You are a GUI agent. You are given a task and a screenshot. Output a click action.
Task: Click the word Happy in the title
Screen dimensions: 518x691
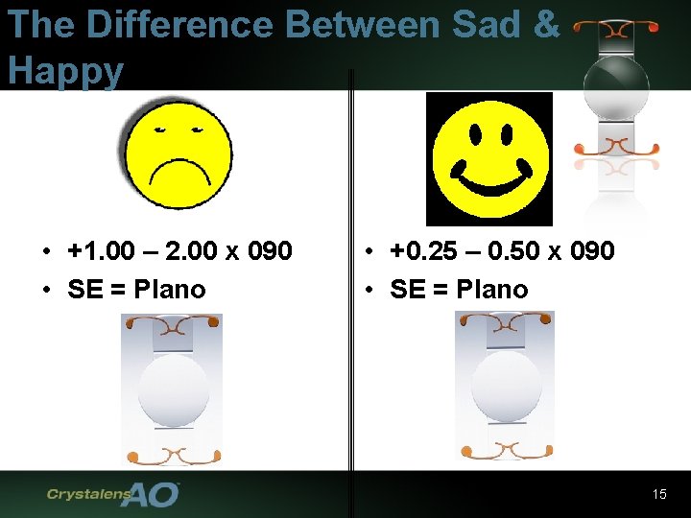pyautogui.click(x=65, y=70)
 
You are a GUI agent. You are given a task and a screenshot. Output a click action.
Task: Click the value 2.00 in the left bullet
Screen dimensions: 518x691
pyautogui.click(x=190, y=251)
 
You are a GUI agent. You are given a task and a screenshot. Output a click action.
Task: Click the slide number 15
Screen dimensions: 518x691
pyautogui.click(x=658, y=494)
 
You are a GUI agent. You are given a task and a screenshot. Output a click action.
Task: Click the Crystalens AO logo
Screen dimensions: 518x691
pyautogui.click(x=113, y=494)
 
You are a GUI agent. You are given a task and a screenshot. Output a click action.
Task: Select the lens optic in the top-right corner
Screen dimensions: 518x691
pyautogui.click(x=616, y=86)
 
